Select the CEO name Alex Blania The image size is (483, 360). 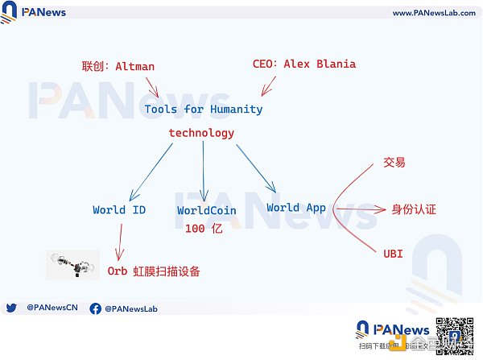[x=320, y=64]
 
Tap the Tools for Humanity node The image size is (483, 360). [x=204, y=109]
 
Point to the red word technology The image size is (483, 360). [x=201, y=133]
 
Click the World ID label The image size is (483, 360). [x=119, y=210]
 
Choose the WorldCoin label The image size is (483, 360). [x=208, y=211]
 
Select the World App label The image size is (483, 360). [x=296, y=208]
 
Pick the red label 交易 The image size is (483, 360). [x=394, y=163]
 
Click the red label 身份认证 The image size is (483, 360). [x=413, y=209]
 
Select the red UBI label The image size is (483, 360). [x=393, y=254]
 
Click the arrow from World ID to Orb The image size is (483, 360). [x=120, y=241]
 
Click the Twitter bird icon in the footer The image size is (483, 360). [x=11, y=308]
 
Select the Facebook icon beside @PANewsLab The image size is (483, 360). [x=95, y=308]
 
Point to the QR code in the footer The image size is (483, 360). [x=453, y=334]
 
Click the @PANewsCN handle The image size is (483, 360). [x=52, y=308]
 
